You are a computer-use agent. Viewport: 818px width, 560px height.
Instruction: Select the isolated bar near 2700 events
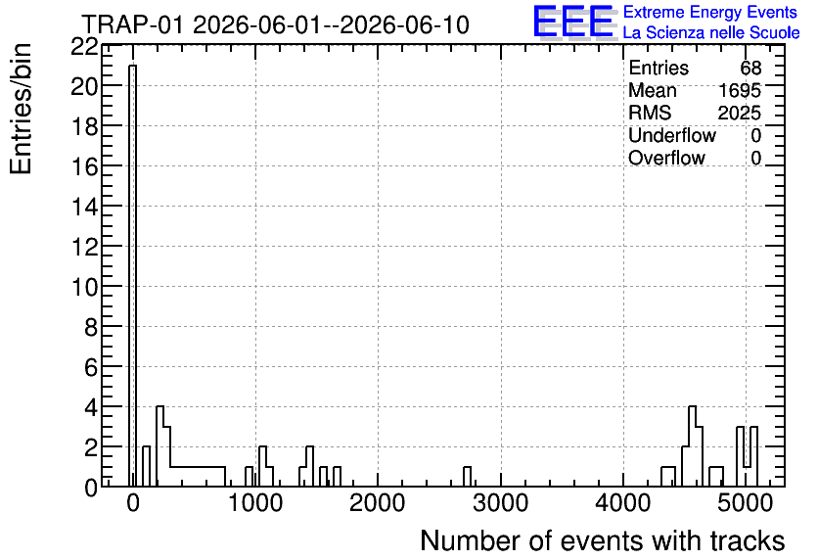467,477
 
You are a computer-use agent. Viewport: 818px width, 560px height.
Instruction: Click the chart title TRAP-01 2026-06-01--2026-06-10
276,24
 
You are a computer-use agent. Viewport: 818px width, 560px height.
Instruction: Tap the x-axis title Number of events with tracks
603,540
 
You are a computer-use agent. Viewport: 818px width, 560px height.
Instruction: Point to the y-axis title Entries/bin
21,109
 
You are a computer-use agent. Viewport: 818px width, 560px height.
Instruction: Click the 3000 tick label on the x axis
501,503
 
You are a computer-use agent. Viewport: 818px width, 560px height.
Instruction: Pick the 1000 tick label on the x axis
255,503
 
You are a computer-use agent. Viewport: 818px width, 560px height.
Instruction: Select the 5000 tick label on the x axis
746,503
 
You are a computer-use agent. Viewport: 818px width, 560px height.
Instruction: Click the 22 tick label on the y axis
84,47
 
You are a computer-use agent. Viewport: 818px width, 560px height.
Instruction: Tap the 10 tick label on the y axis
84,287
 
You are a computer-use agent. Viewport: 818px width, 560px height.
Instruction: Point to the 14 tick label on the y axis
84,207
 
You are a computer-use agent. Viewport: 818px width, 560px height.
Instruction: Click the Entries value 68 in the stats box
750,68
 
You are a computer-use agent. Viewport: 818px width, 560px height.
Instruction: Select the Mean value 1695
740,90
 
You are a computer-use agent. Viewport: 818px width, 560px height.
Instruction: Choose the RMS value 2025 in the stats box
739,113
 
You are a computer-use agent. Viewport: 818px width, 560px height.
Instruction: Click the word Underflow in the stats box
672,135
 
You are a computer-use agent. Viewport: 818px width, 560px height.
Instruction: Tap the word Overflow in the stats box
666,158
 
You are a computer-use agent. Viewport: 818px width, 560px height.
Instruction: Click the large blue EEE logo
573,22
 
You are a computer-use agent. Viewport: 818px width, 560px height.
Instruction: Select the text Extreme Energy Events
710,12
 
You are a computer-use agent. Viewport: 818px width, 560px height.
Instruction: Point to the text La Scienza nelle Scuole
711,32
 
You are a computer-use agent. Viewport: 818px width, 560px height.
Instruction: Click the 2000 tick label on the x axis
377,503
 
